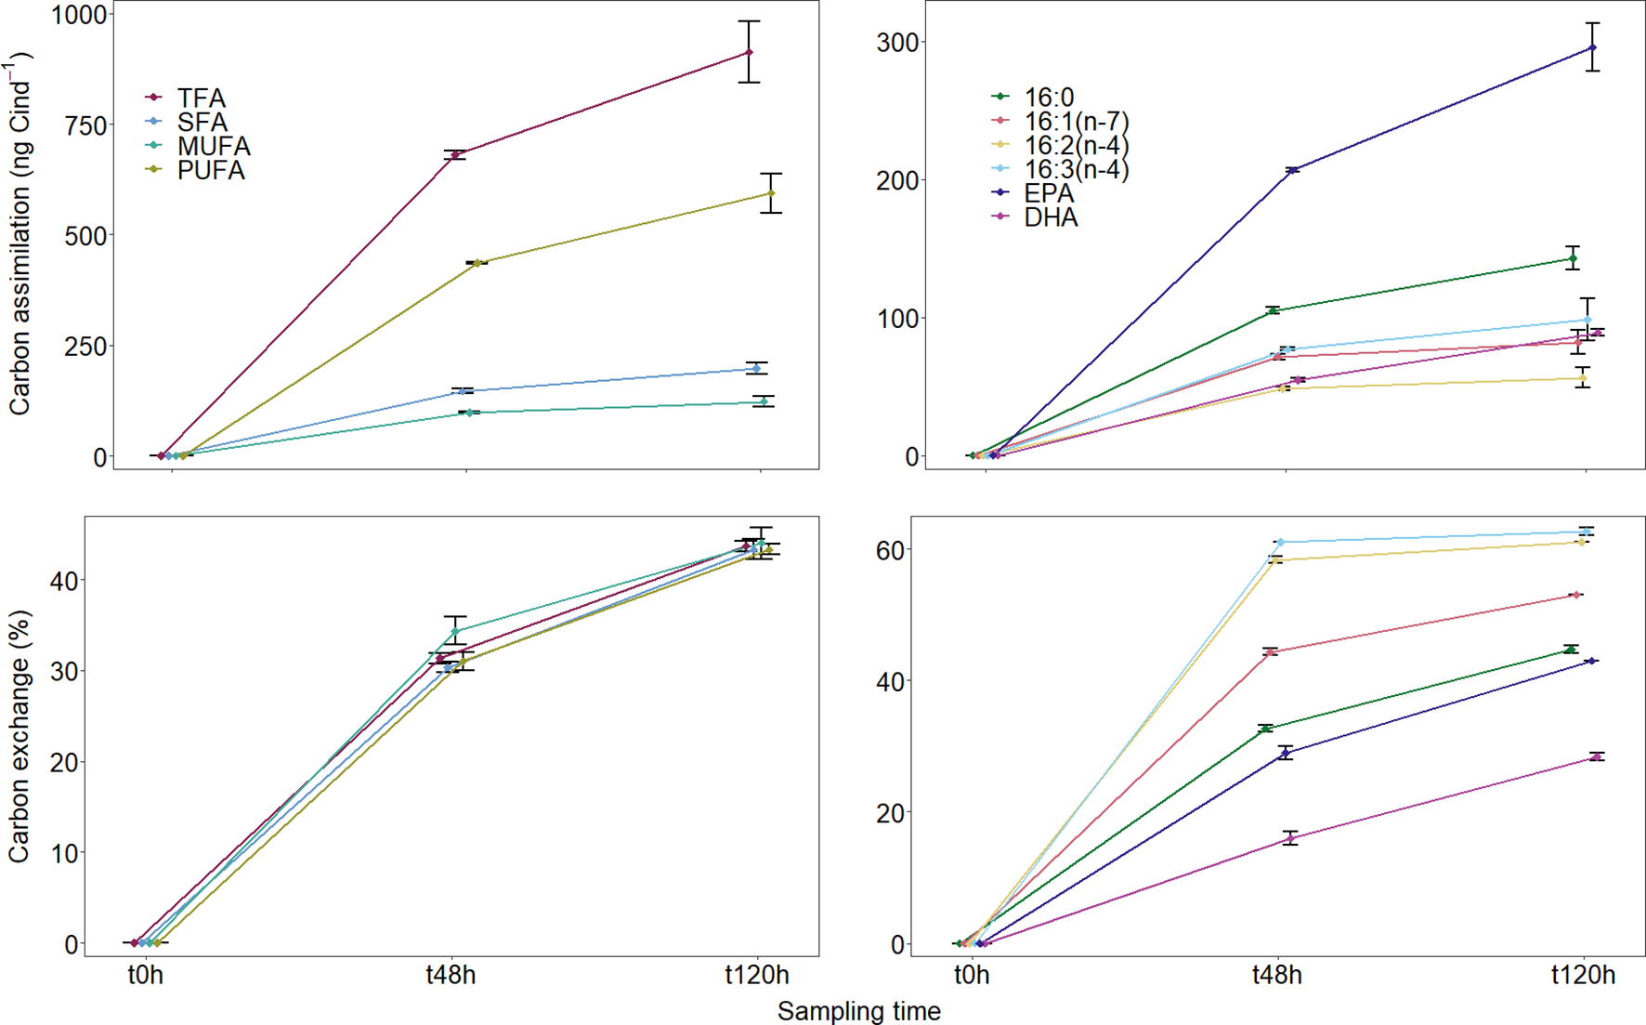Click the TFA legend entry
pyautogui.click(x=201, y=98)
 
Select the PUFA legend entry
pyautogui.click(x=211, y=170)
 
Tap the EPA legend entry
pyautogui.click(x=1049, y=193)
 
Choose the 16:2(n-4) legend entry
pyautogui.click(x=1076, y=145)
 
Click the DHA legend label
pyautogui.click(x=1051, y=217)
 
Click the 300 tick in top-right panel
pyautogui.click(x=898, y=43)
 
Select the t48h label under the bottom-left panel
pyautogui.click(x=451, y=975)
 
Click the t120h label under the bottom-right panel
pyautogui.click(x=1583, y=975)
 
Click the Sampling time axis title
pyautogui.click(x=858, y=1011)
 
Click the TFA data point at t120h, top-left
pyautogui.click(x=749, y=52)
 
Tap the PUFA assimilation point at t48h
pyautogui.click(x=477, y=263)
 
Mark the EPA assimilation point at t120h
pyautogui.click(x=1593, y=47)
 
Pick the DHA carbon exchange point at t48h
pyautogui.click(x=1290, y=838)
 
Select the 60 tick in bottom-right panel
pyautogui.click(x=889, y=550)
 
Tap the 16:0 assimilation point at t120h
pyautogui.click(x=1573, y=259)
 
